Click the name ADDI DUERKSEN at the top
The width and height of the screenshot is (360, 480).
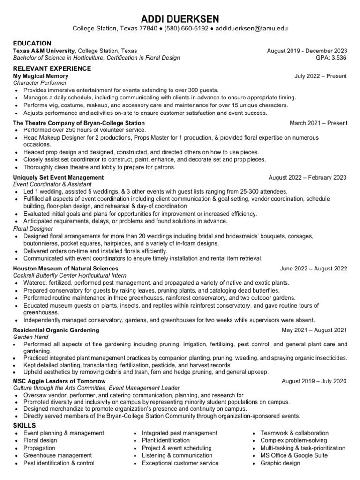(180, 18)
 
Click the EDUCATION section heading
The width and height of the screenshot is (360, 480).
(32, 43)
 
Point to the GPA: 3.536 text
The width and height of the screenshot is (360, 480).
(331, 58)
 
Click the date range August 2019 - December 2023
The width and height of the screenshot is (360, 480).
(307, 51)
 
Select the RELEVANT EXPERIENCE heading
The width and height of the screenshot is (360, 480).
(52, 68)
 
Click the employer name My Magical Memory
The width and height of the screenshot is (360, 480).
(41, 76)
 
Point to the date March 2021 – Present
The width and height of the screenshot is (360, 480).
(318, 123)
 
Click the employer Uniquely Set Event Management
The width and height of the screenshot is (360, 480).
(58, 178)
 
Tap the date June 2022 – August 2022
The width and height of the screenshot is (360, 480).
(313, 269)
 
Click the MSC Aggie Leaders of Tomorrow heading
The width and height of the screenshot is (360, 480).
(59, 381)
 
